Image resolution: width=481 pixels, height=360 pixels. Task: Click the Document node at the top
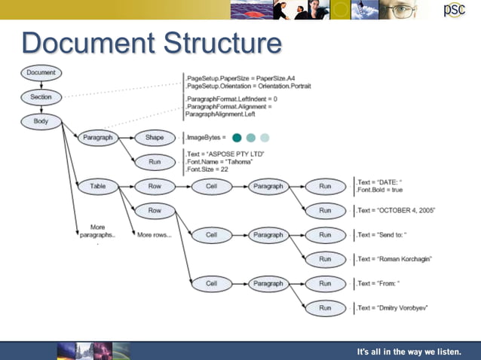41,72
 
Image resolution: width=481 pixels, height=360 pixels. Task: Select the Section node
41,97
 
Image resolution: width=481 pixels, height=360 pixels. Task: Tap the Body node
41,121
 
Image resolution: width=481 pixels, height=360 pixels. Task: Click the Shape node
155,137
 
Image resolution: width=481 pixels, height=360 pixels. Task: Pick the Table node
98,185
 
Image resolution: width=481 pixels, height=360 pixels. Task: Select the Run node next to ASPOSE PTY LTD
155,161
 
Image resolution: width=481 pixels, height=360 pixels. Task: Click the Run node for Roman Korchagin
325,259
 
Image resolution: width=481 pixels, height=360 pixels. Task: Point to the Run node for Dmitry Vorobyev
325,307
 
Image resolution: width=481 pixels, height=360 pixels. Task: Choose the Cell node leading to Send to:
212,235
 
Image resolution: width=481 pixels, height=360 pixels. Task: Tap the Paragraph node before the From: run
268,283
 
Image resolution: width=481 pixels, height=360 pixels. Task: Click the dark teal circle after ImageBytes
237,138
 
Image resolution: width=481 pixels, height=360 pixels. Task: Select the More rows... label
155,235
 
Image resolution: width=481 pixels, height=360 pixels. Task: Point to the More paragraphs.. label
97,231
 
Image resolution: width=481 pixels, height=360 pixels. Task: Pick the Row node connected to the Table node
155,185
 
